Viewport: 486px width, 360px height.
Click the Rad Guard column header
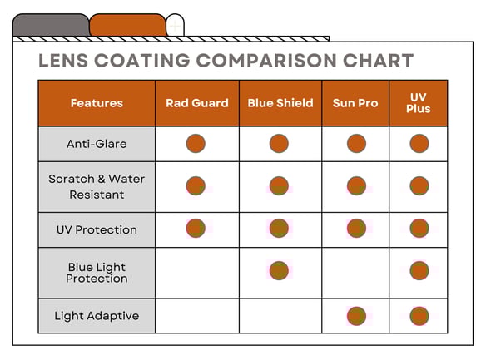pyautogui.click(x=197, y=103)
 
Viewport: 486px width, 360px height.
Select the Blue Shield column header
pyautogui.click(x=280, y=103)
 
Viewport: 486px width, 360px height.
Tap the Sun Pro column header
pyautogui.click(x=355, y=103)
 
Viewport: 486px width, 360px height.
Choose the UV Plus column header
pyautogui.click(x=419, y=103)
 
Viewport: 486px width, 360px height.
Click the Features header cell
pyautogui.click(x=97, y=103)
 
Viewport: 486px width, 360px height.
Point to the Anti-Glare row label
pyautogui.click(x=97, y=144)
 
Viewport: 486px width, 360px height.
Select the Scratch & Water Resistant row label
pyautogui.click(x=97, y=187)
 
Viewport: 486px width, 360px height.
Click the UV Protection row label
pyautogui.click(x=97, y=229)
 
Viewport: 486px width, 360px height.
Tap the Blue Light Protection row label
pyautogui.click(x=97, y=273)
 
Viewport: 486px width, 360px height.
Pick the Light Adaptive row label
pyautogui.click(x=97, y=316)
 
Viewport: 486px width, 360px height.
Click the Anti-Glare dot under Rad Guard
pyautogui.click(x=196, y=143)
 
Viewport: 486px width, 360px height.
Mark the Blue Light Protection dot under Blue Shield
pyautogui.click(x=279, y=270)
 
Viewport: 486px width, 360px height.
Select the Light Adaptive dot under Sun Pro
pyautogui.click(x=356, y=316)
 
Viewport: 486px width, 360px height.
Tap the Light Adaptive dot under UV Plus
pyautogui.click(x=419, y=316)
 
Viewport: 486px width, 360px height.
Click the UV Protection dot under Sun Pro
pyautogui.click(x=356, y=228)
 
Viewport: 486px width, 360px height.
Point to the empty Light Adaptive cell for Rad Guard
pyautogui.click(x=197, y=316)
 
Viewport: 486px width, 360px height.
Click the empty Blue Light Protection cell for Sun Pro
pyautogui.click(x=355, y=273)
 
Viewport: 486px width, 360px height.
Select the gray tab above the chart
pyautogui.click(x=51, y=25)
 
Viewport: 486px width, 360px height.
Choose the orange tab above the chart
pyautogui.click(x=127, y=25)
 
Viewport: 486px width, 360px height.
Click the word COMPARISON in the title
pyautogui.click(x=266, y=60)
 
